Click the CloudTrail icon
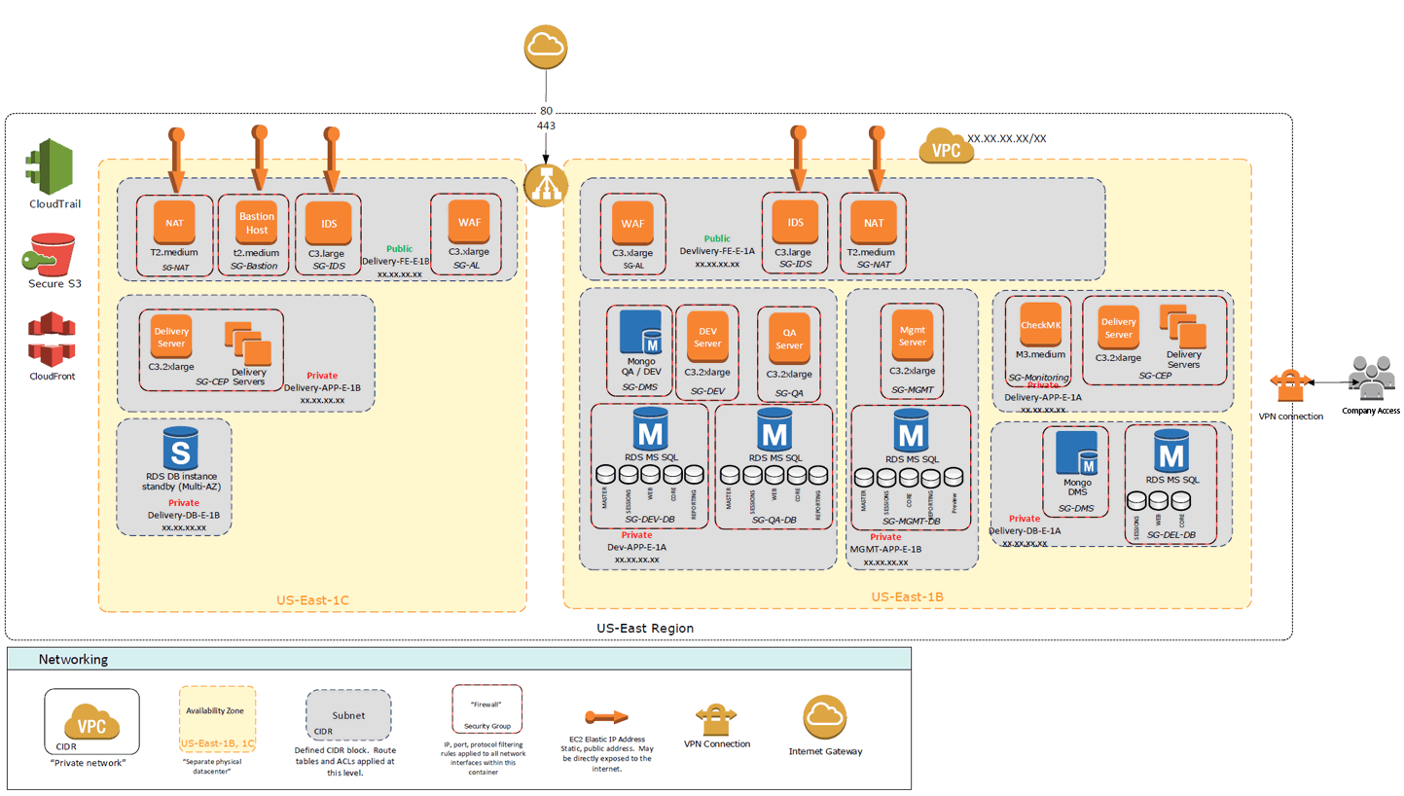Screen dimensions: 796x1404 [x=52, y=164]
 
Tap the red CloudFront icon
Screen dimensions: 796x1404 [x=52, y=339]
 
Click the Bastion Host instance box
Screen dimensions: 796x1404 [x=257, y=222]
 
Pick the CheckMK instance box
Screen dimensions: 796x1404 [x=1040, y=325]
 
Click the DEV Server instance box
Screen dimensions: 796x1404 [x=707, y=336]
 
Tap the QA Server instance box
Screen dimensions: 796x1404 [x=789, y=338]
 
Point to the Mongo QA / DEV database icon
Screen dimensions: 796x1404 [x=640, y=333]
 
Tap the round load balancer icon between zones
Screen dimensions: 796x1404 [x=545, y=183]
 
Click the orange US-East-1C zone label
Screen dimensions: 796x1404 [x=312, y=597]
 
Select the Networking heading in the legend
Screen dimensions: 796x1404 [x=73, y=660]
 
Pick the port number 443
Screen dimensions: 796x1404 [x=545, y=127]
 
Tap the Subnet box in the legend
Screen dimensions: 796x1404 [x=348, y=716]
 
